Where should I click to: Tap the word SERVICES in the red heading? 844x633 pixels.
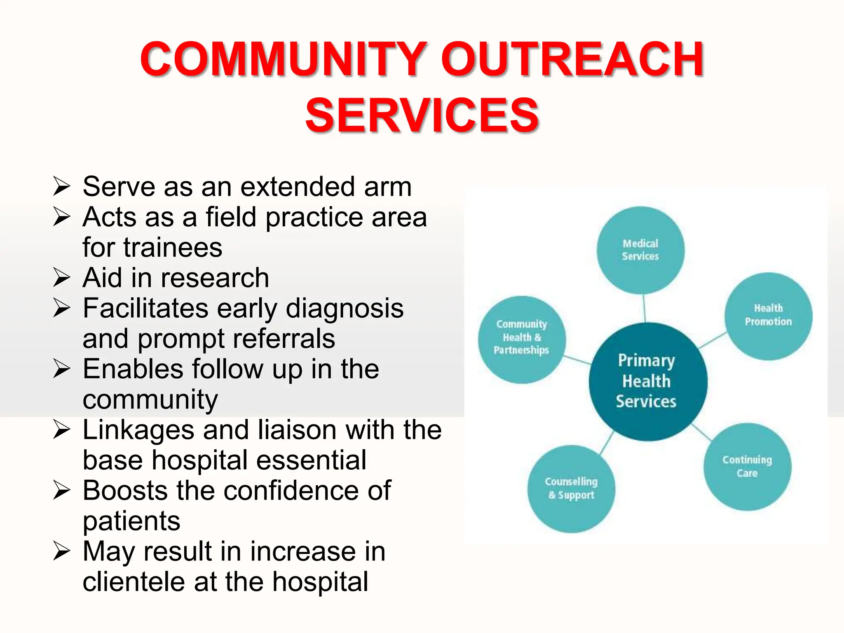click(x=422, y=115)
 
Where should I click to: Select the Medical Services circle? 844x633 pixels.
click(x=640, y=250)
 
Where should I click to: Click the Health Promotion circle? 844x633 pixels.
click(x=768, y=316)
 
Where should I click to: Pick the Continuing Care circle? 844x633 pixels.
click(x=747, y=467)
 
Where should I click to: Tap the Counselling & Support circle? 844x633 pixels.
click(x=571, y=489)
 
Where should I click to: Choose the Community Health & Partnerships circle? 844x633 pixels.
click(x=522, y=339)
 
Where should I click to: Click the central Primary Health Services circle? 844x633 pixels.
click(x=647, y=381)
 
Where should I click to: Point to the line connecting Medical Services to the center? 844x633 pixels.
click(x=644, y=308)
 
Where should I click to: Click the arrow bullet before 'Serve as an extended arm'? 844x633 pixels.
click(x=62, y=186)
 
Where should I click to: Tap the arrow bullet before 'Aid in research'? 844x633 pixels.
click(x=62, y=277)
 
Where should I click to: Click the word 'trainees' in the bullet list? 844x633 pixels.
click(x=173, y=247)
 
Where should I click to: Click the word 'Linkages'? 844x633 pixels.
click(x=138, y=430)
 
